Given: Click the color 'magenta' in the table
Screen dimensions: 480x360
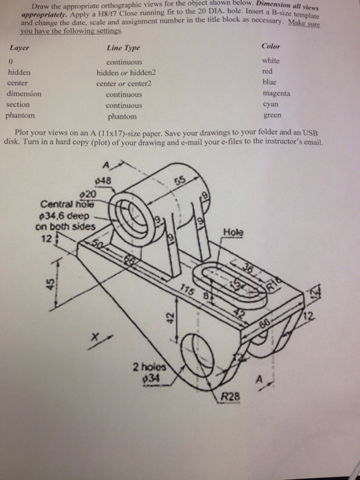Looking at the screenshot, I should tap(276, 93).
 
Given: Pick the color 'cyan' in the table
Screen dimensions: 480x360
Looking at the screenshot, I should tap(272, 105).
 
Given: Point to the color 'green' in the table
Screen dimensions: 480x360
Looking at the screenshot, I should tap(272, 116).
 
